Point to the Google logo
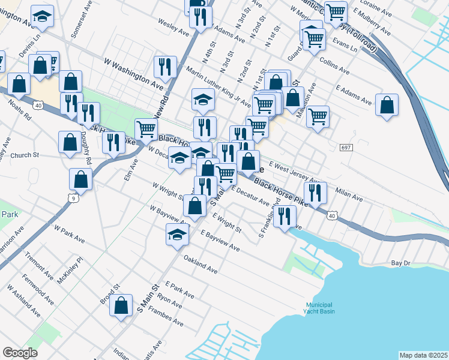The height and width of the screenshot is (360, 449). tap(20, 353)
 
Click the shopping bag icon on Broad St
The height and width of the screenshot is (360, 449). tap(121, 305)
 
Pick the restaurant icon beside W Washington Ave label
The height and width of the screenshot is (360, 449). tap(164, 66)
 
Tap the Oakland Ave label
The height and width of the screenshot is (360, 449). tap(200, 265)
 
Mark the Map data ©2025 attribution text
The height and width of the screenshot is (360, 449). tap(423, 355)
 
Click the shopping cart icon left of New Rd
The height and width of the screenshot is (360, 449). tap(146, 128)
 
